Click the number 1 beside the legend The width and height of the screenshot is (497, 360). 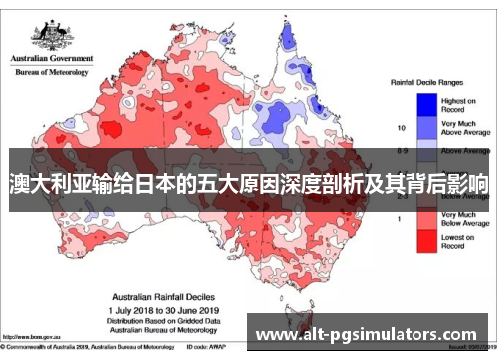pyautogui.click(x=402, y=218)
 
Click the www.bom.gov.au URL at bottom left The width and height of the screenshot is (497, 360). pyautogui.click(x=30, y=338)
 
